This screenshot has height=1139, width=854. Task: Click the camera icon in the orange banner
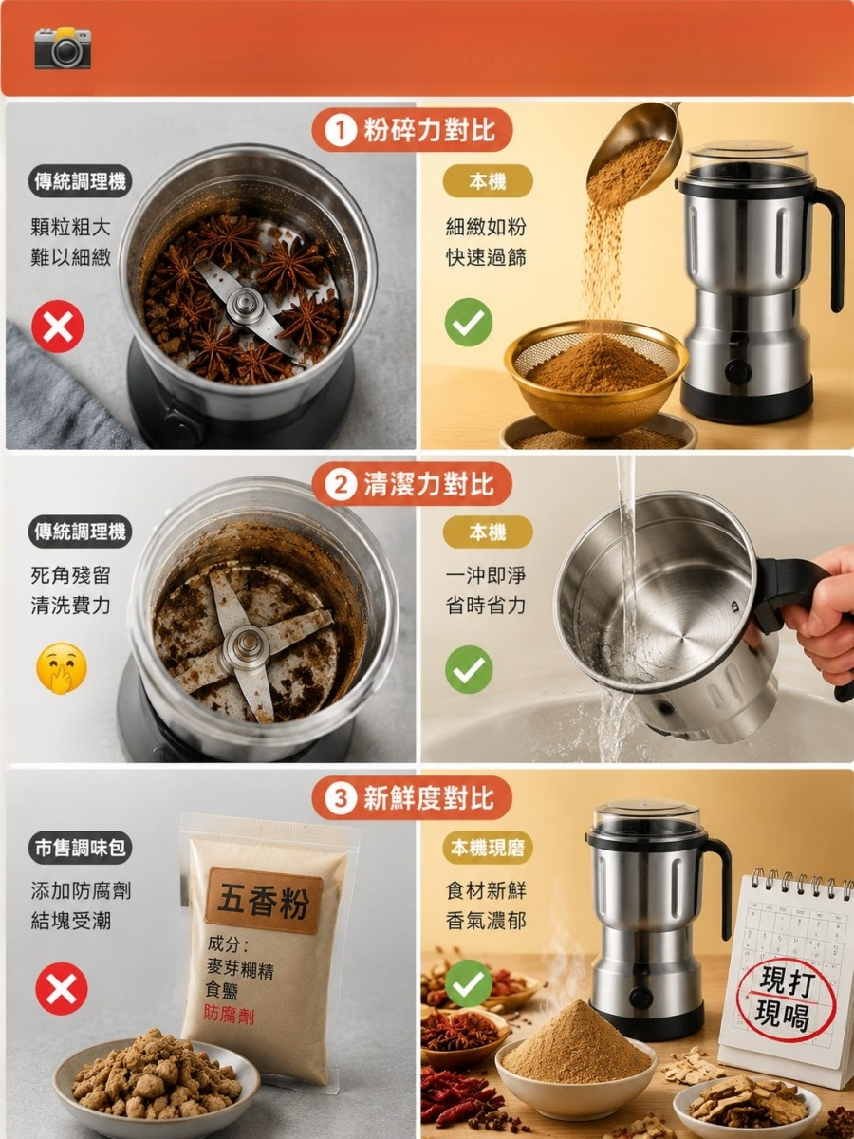pyautogui.click(x=63, y=48)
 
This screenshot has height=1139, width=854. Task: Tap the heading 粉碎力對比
pyautogui.click(x=429, y=130)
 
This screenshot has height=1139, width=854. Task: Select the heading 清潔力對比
pyautogui.click(x=429, y=485)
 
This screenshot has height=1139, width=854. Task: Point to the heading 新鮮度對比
pyautogui.click(x=429, y=798)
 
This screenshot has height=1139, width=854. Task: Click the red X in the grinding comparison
pyautogui.click(x=58, y=327)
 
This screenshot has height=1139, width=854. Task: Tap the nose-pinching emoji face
pyautogui.click(x=61, y=668)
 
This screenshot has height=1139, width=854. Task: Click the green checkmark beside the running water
pyautogui.click(x=469, y=669)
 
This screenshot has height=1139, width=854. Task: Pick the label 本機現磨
pyautogui.click(x=488, y=848)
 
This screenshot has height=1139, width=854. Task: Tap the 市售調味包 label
pyautogui.click(x=80, y=848)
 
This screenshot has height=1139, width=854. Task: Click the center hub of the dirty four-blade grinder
pyautogui.click(x=247, y=647)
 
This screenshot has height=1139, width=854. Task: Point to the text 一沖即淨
pyautogui.click(x=486, y=575)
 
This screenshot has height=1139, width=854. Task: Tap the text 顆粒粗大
pyautogui.click(x=70, y=227)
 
